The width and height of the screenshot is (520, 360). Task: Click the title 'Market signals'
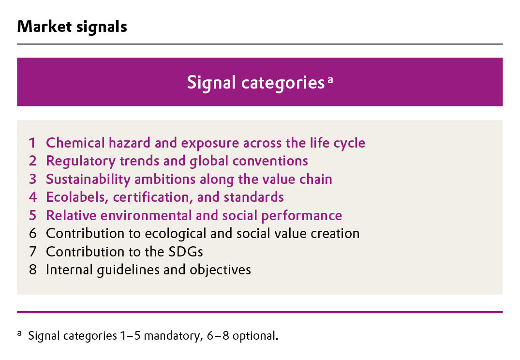[x=72, y=27]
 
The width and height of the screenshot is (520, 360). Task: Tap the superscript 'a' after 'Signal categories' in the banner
[x=330, y=80]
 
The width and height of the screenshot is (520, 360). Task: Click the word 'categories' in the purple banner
[x=283, y=83]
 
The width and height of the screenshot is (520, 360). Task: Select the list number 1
[x=32, y=143]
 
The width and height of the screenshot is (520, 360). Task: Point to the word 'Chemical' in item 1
[x=75, y=143]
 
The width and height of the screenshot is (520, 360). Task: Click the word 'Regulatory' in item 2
[x=81, y=162]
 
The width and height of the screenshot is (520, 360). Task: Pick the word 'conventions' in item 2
[x=270, y=161]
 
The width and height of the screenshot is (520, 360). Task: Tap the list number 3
[x=32, y=179]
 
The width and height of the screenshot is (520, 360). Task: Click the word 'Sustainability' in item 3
[x=88, y=180]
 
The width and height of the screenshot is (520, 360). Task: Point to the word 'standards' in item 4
[x=253, y=197]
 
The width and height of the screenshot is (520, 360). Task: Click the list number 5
[x=32, y=216]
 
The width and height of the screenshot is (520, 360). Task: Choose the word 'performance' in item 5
[x=301, y=216]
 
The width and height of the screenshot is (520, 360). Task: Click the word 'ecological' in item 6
[x=176, y=234]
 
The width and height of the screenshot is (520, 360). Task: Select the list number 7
[x=32, y=252]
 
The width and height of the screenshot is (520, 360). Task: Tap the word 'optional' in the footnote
[x=255, y=336]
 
